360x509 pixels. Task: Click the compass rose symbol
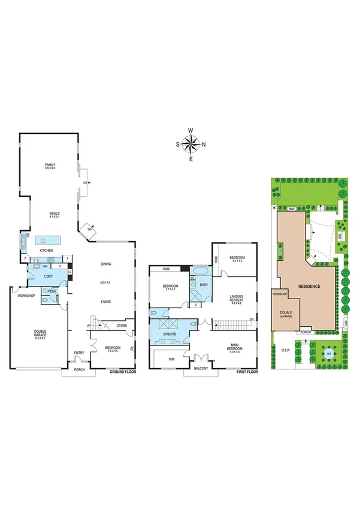pos(190,144)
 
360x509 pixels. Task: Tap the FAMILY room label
pos(50,166)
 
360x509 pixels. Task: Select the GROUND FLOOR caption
pos(123,372)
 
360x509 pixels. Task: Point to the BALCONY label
pos(201,369)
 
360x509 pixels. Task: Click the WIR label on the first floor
pos(171,360)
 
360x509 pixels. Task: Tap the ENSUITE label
pos(170,333)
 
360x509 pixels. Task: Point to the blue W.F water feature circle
pos(329,353)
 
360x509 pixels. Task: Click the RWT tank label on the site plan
pos(291,209)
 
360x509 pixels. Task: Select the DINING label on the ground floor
pos(106,264)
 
